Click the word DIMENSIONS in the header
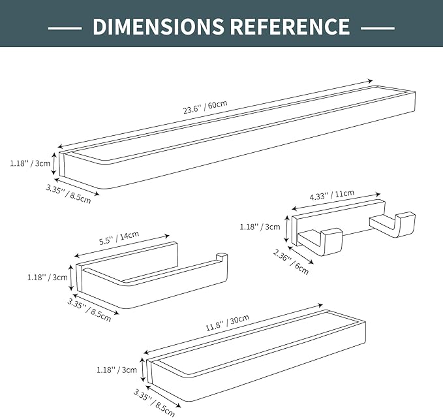point(158,26)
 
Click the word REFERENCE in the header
point(290,26)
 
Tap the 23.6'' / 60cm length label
point(205,106)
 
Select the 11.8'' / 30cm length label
point(228,323)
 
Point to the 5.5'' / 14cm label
point(119,238)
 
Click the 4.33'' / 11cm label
point(332,195)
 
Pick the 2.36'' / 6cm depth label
point(291,262)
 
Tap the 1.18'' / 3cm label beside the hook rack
point(260,227)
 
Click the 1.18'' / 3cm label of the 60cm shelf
point(30,163)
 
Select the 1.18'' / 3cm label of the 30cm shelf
point(117,370)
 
